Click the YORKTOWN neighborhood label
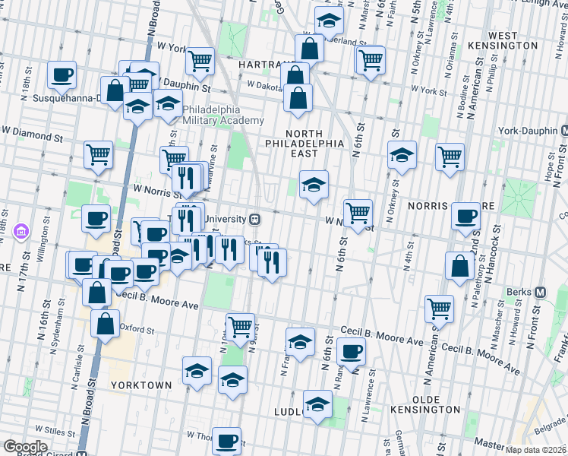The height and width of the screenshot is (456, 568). pyautogui.click(x=140, y=385)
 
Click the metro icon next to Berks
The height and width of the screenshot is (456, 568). pyautogui.click(x=541, y=292)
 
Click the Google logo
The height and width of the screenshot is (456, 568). pyautogui.click(x=25, y=447)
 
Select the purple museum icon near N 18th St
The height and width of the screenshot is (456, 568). pyautogui.click(x=21, y=230)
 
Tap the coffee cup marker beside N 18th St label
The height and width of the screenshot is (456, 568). pyautogui.click(x=62, y=74)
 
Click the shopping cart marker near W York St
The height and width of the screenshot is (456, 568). pyautogui.click(x=200, y=59)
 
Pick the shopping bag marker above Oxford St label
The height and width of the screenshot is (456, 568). pyautogui.click(x=106, y=321)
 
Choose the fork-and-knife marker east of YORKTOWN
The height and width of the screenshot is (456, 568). pyautogui.click(x=232, y=378)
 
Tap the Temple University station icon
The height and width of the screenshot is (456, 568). pyautogui.click(x=255, y=219)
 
